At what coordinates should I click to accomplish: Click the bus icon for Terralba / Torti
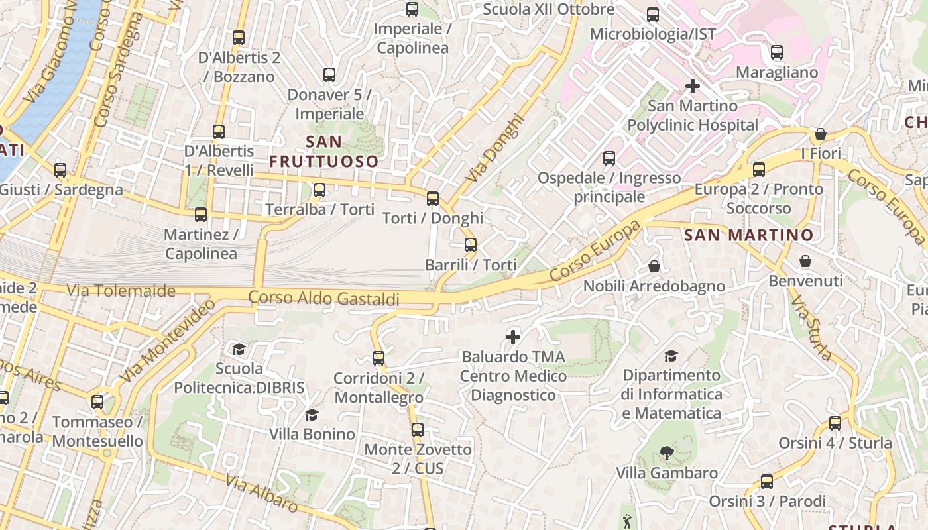[319, 190]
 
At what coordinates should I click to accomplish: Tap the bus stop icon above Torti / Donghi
[433, 198]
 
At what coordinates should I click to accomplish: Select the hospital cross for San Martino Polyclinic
[693, 86]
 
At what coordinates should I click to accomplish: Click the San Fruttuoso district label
[324, 152]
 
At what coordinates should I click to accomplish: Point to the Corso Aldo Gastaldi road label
[324, 299]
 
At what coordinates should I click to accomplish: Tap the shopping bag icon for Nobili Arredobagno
[654, 266]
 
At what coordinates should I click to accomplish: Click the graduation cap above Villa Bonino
[312, 415]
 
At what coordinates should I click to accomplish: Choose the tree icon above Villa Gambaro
[667, 453]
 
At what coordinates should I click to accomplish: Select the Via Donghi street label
[494, 150]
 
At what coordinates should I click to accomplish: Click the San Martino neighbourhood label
[748, 235]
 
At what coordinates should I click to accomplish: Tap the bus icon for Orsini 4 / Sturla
[835, 423]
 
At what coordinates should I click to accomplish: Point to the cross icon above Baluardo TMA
[513, 337]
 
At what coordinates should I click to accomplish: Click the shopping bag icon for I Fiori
[821, 134]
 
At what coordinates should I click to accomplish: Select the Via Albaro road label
[261, 492]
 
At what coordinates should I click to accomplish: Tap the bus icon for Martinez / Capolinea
[201, 215]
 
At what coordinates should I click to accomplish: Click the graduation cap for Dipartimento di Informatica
[671, 356]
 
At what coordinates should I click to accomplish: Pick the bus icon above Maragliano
[777, 52]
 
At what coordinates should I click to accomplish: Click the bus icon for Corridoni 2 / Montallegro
[378, 358]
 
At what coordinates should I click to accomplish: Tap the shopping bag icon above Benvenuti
[805, 261]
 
